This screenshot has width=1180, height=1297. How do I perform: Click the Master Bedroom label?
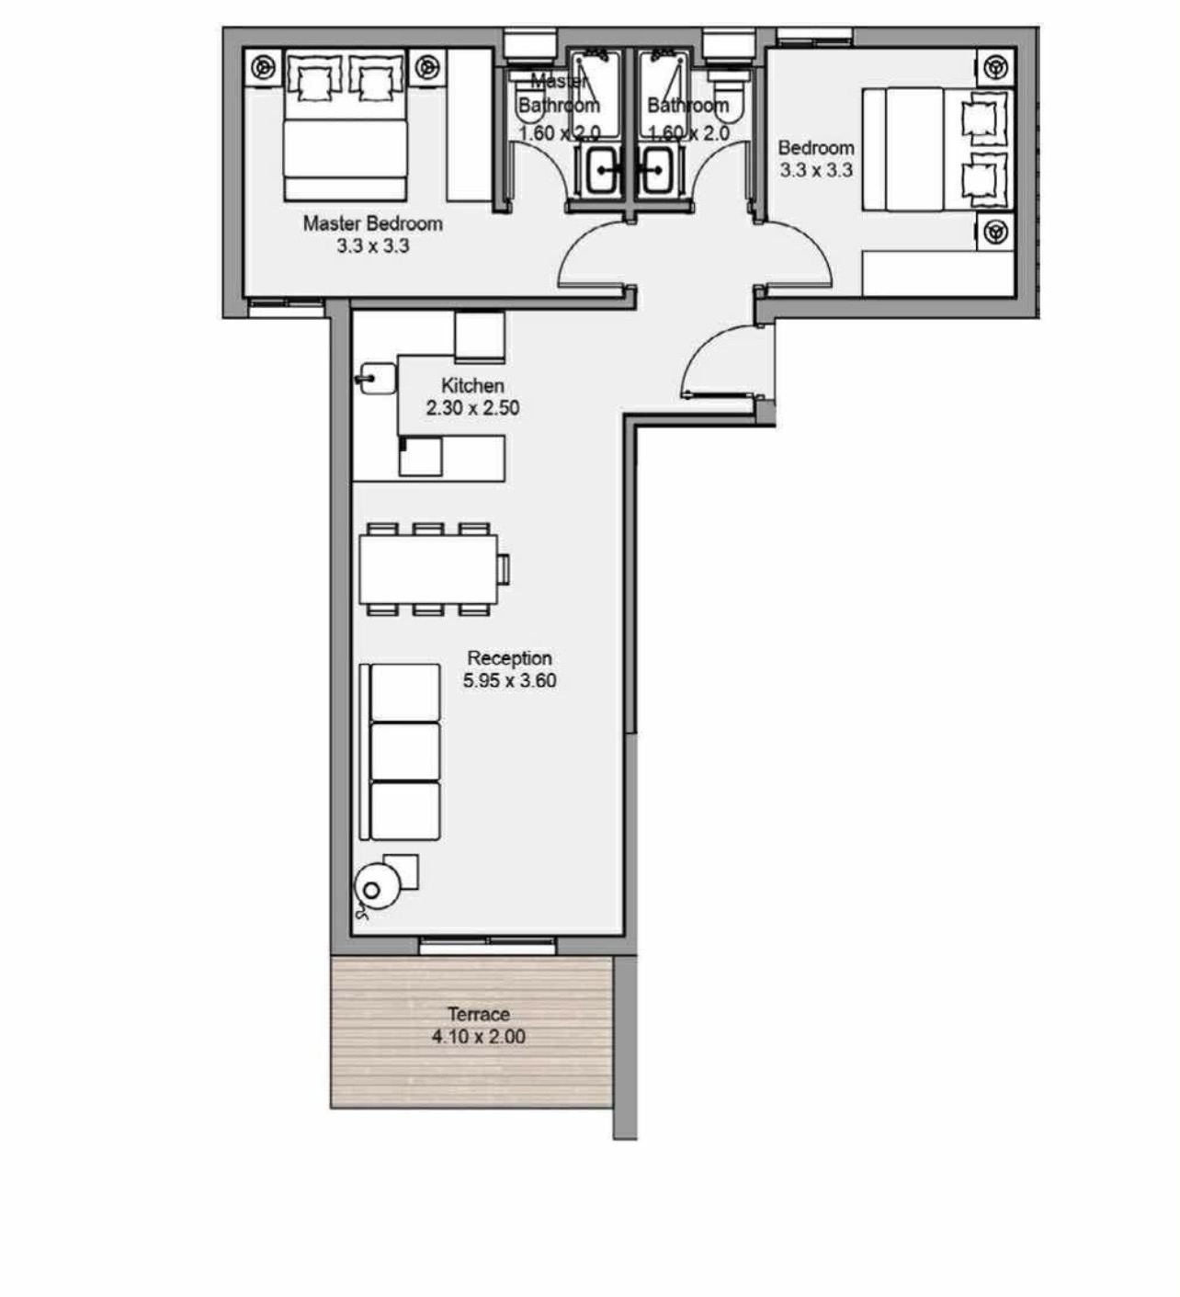(x=372, y=223)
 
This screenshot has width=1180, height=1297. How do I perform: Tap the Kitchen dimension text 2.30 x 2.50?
(x=472, y=408)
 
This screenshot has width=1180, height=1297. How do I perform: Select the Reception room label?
(x=509, y=658)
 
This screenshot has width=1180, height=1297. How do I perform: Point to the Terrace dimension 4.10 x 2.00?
(x=479, y=1037)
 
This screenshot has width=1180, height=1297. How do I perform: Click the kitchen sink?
(x=376, y=378)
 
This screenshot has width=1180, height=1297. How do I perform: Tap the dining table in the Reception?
(x=428, y=569)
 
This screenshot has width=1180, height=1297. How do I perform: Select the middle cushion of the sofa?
(x=405, y=752)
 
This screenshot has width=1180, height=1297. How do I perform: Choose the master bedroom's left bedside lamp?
(x=262, y=66)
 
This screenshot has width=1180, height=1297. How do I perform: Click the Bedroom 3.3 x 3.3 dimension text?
(x=817, y=171)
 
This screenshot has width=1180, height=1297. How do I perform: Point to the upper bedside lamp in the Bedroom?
(x=995, y=66)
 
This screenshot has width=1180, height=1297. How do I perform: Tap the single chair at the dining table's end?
(x=503, y=569)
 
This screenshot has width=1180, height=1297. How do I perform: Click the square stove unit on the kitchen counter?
(x=420, y=457)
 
